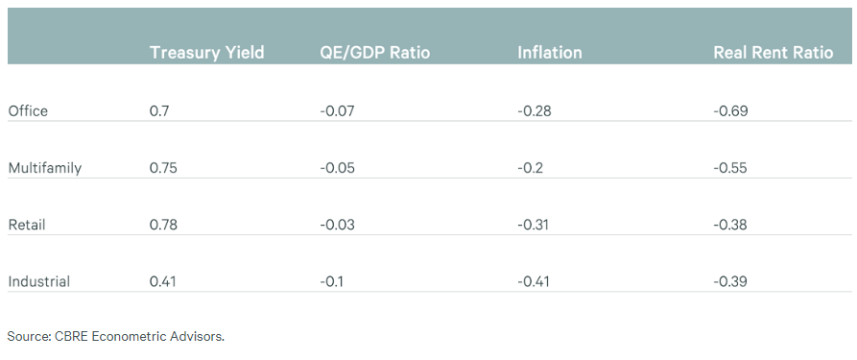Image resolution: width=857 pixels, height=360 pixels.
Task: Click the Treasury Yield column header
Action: tap(206, 53)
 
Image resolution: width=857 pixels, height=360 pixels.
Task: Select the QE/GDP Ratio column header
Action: tap(375, 53)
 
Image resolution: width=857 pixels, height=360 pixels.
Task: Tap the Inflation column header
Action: tap(550, 53)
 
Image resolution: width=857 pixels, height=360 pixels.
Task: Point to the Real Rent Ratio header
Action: tap(774, 53)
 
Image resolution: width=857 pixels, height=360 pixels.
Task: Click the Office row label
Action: tap(28, 111)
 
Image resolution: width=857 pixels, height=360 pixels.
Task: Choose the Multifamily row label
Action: tap(45, 168)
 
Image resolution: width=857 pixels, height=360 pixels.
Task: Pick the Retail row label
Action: tap(27, 225)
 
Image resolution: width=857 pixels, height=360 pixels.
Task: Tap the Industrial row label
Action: tap(38, 282)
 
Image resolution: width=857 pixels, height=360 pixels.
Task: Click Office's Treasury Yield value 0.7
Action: tap(159, 111)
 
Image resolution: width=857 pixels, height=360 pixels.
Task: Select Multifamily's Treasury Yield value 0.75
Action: tap(163, 168)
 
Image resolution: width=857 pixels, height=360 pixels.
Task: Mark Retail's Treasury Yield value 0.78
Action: tap(163, 225)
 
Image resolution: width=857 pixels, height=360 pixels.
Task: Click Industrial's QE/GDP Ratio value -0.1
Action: tap(332, 282)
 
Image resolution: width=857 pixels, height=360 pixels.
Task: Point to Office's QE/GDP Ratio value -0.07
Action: tap(337, 111)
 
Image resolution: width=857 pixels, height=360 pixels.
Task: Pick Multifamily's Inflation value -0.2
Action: tap(530, 168)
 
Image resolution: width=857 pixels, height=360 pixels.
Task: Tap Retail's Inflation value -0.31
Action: tap(534, 225)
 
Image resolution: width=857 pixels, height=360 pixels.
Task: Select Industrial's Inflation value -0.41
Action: tap(534, 282)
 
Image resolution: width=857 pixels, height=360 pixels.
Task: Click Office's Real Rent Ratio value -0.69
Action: tap(730, 111)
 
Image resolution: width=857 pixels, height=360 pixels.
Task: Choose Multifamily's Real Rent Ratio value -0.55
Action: tap(730, 168)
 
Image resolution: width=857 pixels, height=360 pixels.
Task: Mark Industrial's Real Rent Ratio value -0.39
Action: tap(730, 282)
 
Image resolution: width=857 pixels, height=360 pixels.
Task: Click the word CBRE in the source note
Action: tap(72, 336)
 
